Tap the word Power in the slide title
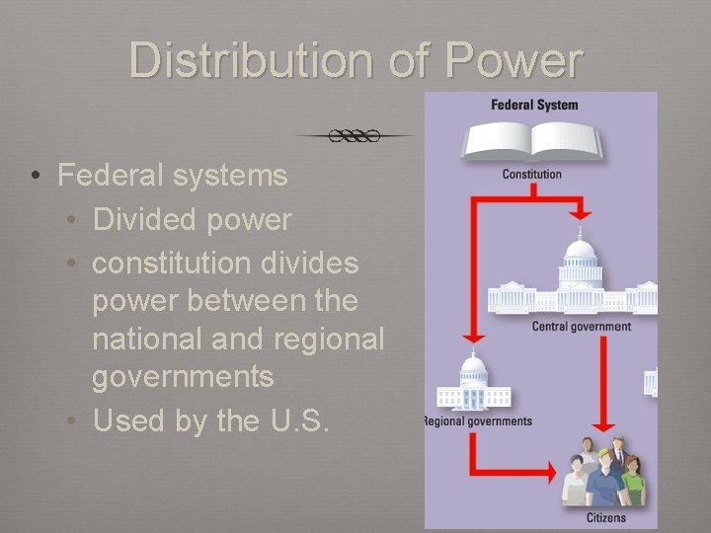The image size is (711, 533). click(513, 60)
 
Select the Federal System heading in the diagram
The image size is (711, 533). click(534, 105)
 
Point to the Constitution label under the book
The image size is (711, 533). click(532, 175)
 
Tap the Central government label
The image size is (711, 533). click(581, 327)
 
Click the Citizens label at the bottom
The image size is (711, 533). click(606, 517)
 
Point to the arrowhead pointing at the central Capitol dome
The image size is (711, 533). click(581, 212)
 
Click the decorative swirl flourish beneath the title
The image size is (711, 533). click(355, 135)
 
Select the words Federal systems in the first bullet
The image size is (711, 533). click(173, 176)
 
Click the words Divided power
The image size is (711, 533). click(193, 219)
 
